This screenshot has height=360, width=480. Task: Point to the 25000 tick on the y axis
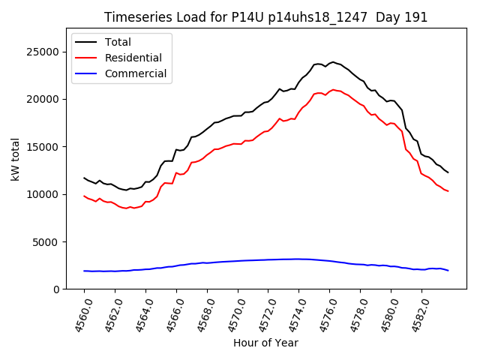44,52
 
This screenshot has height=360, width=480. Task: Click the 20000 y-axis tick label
44,99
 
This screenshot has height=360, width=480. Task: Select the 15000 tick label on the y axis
44,146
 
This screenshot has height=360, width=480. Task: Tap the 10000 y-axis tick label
44,194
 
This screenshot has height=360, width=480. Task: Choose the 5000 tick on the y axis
47,241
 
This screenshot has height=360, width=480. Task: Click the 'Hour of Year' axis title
265,343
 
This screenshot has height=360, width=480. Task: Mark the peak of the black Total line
333,62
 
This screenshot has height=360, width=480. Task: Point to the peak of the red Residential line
333,90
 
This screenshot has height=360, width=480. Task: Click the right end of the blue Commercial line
448,270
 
